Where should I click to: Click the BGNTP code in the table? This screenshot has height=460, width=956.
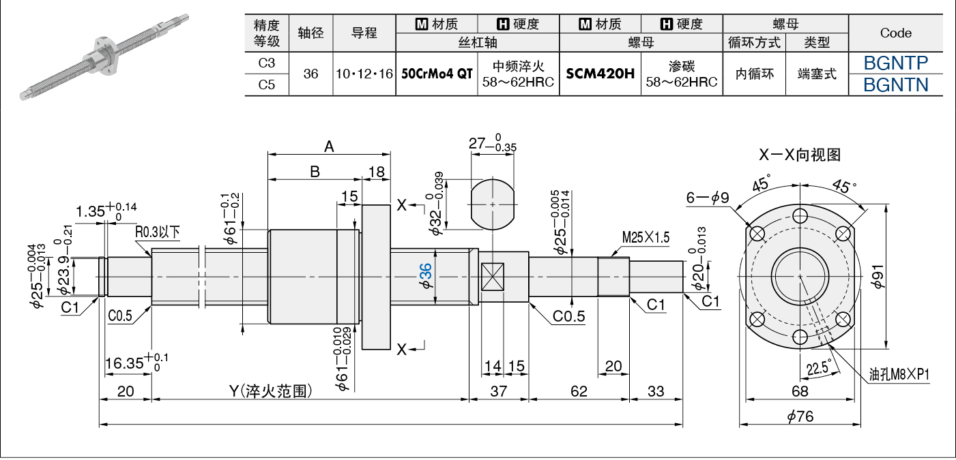pos(895,63)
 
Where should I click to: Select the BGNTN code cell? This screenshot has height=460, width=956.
pos(895,85)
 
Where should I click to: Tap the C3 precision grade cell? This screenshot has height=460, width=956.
pos(267,63)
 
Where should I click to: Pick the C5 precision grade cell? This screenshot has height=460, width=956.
pos(267,85)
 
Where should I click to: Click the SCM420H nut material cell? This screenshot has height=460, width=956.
pos(600,74)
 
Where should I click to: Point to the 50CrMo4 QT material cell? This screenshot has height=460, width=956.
pos(437,74)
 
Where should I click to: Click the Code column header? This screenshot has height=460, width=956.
pos(895,33)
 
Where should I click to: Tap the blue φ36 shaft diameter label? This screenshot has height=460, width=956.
pos(426,276)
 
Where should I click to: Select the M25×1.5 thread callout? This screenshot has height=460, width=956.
pos(646,237)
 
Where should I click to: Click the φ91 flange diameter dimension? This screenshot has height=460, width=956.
pos(878,277)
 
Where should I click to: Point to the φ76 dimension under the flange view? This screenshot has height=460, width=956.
pos(800,416)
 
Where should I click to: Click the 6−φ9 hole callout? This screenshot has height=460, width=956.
pos(708,198)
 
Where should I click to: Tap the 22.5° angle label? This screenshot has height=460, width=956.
pos(820,367)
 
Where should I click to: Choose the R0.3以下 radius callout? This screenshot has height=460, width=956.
pos(158,232)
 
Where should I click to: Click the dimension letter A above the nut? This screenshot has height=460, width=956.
pos(329,147)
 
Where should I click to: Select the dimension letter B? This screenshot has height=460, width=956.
pos(315,171)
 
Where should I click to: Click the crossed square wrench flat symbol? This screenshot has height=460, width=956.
pos(493,277)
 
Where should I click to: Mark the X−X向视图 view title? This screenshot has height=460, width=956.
pos(799,154)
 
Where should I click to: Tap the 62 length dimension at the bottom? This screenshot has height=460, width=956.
pos(579,391)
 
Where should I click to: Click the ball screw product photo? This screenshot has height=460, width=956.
pos(104,57)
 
